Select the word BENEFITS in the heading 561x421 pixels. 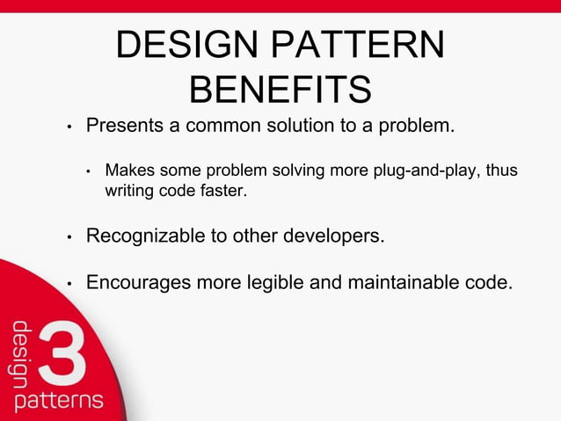click(280, 90)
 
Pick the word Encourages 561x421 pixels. click(140, 283)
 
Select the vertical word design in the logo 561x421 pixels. click(21, 355)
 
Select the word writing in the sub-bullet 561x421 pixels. click(128, 190)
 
